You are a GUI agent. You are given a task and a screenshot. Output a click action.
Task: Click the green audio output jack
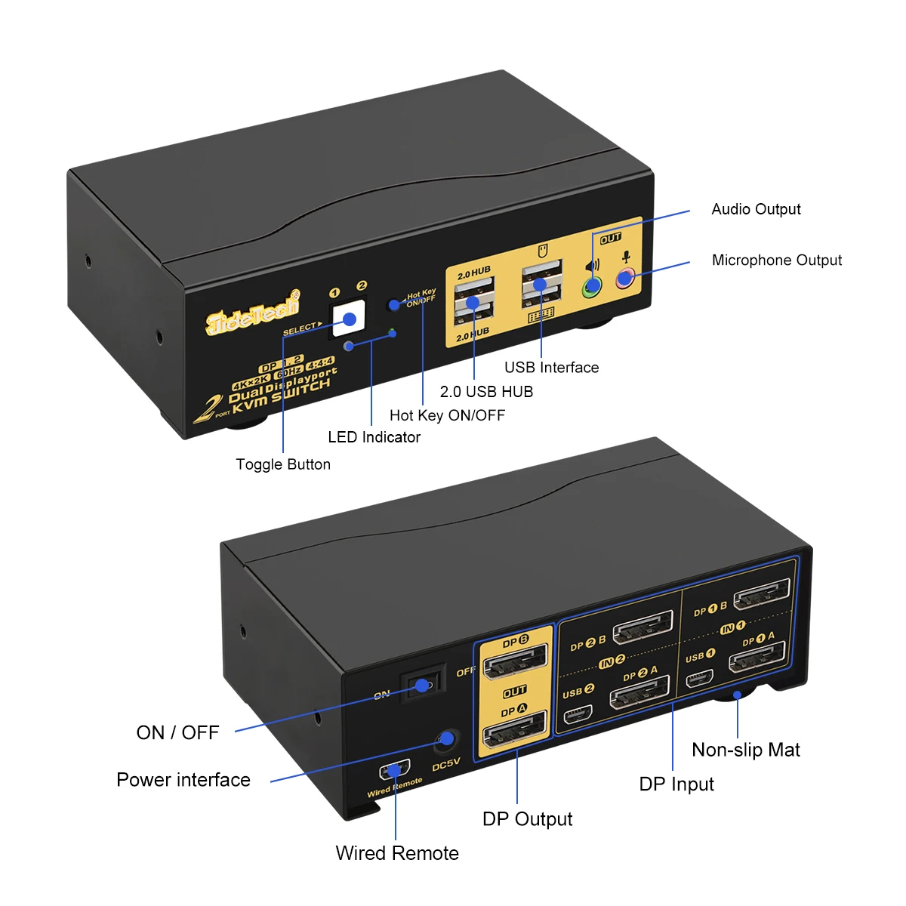592,286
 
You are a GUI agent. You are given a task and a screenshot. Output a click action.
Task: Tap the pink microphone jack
624,279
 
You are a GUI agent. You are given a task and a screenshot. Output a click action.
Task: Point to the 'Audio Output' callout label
756,209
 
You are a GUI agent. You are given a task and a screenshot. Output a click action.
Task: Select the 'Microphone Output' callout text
776,260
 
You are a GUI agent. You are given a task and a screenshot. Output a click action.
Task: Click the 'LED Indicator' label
374,437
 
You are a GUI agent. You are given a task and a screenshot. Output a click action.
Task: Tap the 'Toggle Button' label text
283,464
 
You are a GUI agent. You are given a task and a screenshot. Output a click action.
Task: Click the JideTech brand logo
253,311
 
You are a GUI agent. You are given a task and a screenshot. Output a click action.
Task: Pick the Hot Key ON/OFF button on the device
393,305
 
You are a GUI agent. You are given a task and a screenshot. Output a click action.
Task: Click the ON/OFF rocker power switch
422,686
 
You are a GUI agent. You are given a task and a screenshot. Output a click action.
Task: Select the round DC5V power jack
448,739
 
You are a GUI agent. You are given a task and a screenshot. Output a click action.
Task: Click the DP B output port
516,665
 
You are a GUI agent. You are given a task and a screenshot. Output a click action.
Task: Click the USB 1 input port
700,677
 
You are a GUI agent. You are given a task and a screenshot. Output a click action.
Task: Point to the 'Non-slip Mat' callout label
745,750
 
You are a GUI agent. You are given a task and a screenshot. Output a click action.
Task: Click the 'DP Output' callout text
527,819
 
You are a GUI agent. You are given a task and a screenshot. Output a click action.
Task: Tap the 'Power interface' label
183,780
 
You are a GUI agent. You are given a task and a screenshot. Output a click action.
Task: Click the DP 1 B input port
763,595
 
